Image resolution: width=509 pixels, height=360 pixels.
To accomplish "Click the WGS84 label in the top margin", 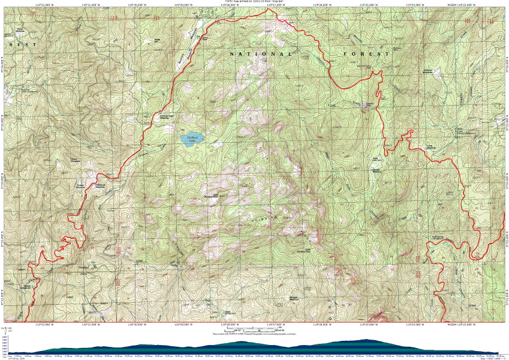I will [454, 4].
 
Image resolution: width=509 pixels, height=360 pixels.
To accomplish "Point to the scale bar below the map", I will [255, 329].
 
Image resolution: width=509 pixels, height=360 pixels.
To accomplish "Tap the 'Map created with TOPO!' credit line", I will [254, 334].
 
